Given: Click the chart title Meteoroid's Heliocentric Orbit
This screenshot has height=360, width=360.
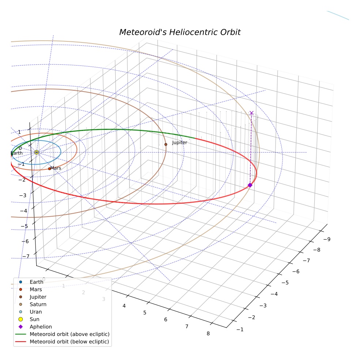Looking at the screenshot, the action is pyautogui.click(x=180, y=32).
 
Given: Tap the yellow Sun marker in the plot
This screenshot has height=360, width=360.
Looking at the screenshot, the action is pyautogui.click(x=37, y=152).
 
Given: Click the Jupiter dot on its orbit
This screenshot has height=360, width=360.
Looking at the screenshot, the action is pyautogui.click(x=166, y=145).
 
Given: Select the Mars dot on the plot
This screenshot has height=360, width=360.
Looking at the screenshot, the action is pyautogui.click(x=49, y=169).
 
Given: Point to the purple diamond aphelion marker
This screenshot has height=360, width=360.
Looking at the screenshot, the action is pyautogui.click(x=250, y=185).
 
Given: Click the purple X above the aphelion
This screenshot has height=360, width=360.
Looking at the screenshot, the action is pyautogui.click(x=251, y=113).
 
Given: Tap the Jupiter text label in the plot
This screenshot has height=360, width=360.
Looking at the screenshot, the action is pyautogui.click(x=180, y=143).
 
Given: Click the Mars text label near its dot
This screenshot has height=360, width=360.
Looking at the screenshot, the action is pyautogui.click(x=56, y=168).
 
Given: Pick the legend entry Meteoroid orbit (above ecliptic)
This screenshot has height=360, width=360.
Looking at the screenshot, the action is pyautogui.click(x=62, y=334).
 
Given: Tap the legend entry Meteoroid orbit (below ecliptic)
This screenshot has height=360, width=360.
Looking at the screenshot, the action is pyautogui.click(x=62, y=342).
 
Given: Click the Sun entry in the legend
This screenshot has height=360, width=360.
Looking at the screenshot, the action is pyautogui.click(x=29, y=319).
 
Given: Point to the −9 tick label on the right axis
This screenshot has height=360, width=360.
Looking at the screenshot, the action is pyautogui.click(x=327, y=239).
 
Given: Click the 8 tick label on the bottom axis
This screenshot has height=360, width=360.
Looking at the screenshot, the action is pyautogui.click(x=208, y=334).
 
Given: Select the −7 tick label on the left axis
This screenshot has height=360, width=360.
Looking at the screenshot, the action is pyautogui.click(x=26, y=256).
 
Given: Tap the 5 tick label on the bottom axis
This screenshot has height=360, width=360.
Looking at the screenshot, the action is pyautogui.click(x=145, y=313).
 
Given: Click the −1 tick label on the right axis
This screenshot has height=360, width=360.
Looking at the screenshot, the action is pyautogui.click(x=240, y=330).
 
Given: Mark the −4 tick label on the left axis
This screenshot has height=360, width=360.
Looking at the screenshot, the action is pyautogui.click(x=23, y=211).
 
